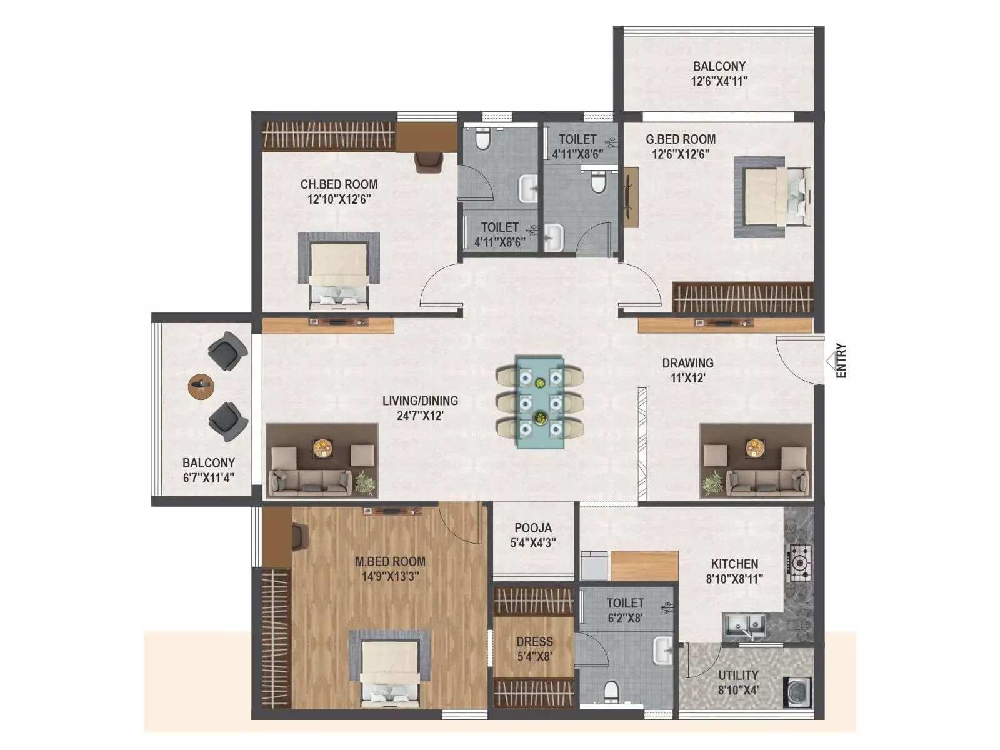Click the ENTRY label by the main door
click(841, 361)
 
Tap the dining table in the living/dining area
click(540, 402)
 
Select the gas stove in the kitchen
click(800, 562)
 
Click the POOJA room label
click(533, 528)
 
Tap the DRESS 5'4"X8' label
click(534, 649)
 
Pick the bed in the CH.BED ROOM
click(339, 273)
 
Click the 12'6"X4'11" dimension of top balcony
click(719, 81)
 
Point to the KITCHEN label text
click(734, 564)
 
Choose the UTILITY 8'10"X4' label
click(738, 682)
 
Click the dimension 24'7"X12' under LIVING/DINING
click(420, 416)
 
